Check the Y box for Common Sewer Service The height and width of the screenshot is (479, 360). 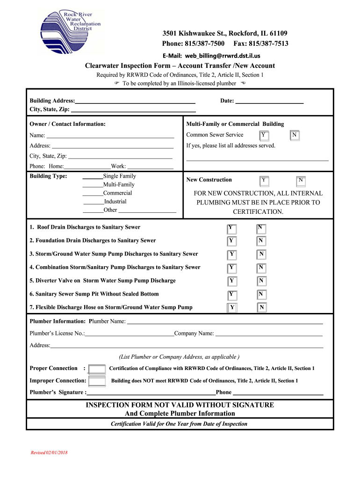[x=264, y=135]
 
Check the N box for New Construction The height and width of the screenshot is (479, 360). [x=301, y=180]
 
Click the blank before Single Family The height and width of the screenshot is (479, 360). [x=93, y=176]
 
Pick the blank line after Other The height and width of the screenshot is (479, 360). [x=147, y=210]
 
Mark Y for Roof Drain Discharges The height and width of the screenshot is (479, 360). [x=231, y=228]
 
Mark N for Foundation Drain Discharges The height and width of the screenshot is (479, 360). [x=261, y=241]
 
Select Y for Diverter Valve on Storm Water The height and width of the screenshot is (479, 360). [x=231, y=281]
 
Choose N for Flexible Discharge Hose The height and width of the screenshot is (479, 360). [x=262, y=307]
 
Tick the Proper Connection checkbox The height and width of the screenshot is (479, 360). [x=97, y=369]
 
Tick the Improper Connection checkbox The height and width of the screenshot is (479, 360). [x=97, y=381]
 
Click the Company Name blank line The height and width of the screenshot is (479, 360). [x=268, y=334]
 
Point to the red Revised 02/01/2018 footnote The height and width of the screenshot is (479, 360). [x=49, y=453]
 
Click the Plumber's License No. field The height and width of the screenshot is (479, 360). [x=129, y=334]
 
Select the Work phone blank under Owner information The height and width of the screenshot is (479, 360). [x=150, y=167]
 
